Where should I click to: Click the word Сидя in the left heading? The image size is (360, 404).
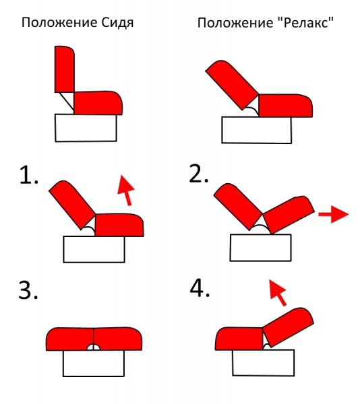pyautogui.click(x=117, y=23)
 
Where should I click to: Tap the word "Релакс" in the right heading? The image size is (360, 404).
pyautogui.click(x=306, y=22)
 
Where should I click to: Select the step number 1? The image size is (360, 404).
pyautogui.click(x=28, y=175)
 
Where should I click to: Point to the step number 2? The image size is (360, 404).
pyautogui.click(x=198, y=174)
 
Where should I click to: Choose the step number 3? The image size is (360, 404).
pyautogui.click(x=28, y=290)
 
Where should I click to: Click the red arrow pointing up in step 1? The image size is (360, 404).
pyautogui.click(x=125, y=191)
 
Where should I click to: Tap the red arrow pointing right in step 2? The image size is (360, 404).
pyautogui.click(x=334, y=214)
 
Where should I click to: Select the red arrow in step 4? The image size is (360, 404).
pyautogui.click(x=278, y=293)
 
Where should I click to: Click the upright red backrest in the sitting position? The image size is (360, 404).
pyautogui.click(x=65, y=69)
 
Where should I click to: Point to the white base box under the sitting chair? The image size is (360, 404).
pyautogui.click(x=86, y=128)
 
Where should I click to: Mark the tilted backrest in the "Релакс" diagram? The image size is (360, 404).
pyautogui.click(x=232, y=85)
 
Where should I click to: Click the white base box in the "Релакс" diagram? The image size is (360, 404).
pyautogui.click(x=257, y=130)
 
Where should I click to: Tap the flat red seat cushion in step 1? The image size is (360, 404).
pyautogui.click(x=119, y=225)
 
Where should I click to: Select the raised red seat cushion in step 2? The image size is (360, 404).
pyautogui.click(x=289, y=215)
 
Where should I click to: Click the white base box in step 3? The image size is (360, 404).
pyautogui.click(x=94, y=364)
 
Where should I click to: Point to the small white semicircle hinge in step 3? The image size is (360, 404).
pyautogui.click(x=94, y=347)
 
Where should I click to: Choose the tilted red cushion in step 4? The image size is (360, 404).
pyautogui.click(x=288, y=327)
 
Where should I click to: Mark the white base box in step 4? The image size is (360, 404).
pyautogui.click(x=264, y=362)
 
